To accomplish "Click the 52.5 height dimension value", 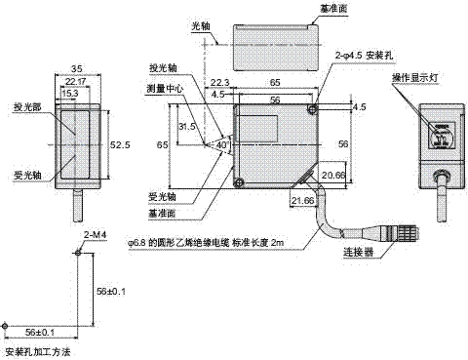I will click(121, 143).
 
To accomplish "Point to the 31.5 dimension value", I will click(189, 126).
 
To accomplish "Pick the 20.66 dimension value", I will click(332, 174).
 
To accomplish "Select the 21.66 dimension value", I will click(302, 200).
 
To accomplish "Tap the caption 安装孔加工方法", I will click(37, 350).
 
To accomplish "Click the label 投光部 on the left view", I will click(25, 107).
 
